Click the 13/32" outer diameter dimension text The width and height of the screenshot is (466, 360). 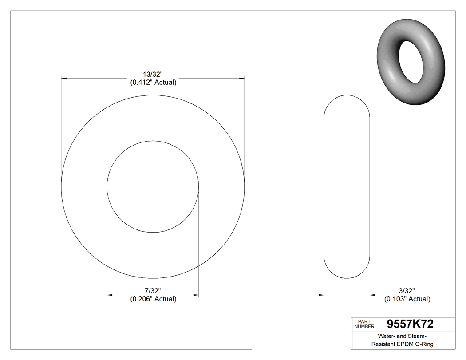pyautogui.click(x=153, y=74)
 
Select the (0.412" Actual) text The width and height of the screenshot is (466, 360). pyautogui.click(x=153, y=83)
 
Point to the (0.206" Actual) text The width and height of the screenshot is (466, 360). pyautogui.click(x=153, y=299)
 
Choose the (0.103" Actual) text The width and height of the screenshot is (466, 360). pyautogui.click(x=407, y=299)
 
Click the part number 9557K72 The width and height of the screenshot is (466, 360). pyautogui.click(x=410, y=324)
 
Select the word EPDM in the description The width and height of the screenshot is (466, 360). pyautogui.click(x=401, y=344)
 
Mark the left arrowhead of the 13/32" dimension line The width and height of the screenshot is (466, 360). pyautogui.click(x=63, y=79)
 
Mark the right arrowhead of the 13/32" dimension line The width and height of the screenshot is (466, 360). pyautogui.click(x=242, y=79)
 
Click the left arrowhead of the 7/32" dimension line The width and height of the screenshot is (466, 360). pyautogui.click(x=110, y=295)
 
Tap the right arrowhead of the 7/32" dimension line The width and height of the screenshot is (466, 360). pyautogui.click(x=196, y=295)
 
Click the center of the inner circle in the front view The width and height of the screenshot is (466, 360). pyautogui.click(x=153, y=187)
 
